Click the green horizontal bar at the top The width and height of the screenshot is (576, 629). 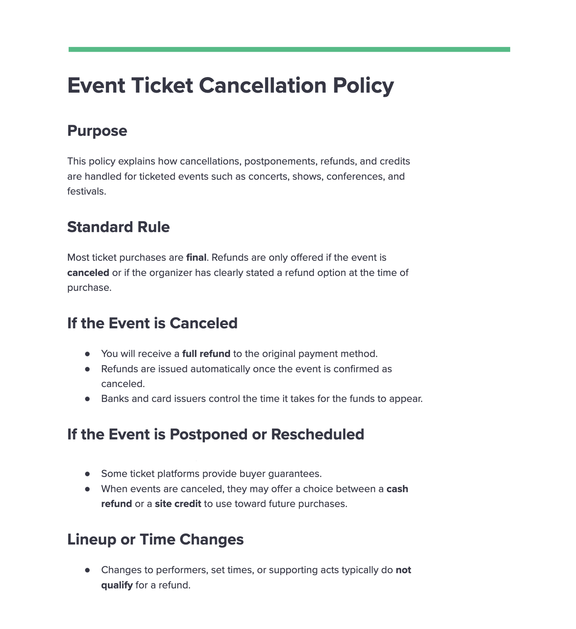coord(289,49)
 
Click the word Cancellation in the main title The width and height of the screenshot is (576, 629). coord(262,86)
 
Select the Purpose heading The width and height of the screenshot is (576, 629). coord(97,131)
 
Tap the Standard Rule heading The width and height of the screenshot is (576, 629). coord(118,227)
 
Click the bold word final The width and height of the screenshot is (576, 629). coord(196,257)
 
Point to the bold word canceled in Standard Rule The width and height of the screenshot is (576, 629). coord(88,273)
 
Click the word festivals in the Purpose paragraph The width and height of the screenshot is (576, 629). coord(86,191)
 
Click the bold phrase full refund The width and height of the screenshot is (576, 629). coord(206,354)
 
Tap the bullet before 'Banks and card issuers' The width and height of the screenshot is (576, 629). coord(87,399)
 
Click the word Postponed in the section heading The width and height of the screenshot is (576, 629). coord(208,435)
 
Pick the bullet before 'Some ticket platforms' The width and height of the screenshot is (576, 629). coord(87,474)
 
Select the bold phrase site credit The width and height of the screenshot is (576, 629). coord(178,504)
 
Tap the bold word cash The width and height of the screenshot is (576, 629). coord(397,489)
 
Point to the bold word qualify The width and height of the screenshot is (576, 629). coord(117,585)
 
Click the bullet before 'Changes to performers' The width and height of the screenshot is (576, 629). coord(87,570)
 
